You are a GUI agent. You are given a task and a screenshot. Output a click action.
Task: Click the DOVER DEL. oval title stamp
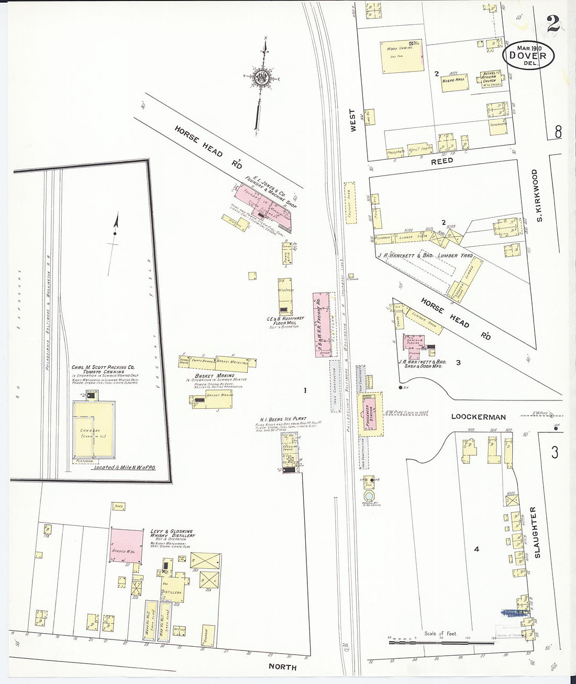[x=528, y=56]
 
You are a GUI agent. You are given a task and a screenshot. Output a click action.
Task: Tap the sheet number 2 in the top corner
[x=552, y=24]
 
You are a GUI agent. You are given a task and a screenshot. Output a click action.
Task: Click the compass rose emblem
[x=261, y=78]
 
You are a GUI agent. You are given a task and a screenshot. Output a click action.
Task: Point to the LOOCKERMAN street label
[x=479, y=417]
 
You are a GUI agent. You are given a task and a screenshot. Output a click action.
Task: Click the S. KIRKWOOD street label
[x=537, y=195]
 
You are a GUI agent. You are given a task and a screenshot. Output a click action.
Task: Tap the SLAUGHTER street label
[x=534, y=531]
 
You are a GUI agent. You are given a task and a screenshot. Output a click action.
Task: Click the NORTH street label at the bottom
[x=282, y=667]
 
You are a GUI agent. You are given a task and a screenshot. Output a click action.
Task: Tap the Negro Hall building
[x=454, y=82]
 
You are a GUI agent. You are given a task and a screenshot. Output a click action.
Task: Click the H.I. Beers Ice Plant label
[x=283, y=419]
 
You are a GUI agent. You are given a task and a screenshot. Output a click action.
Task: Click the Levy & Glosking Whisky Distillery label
[x=172, y=534]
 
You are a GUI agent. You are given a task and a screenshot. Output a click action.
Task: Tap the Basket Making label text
[x=214, y=376]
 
